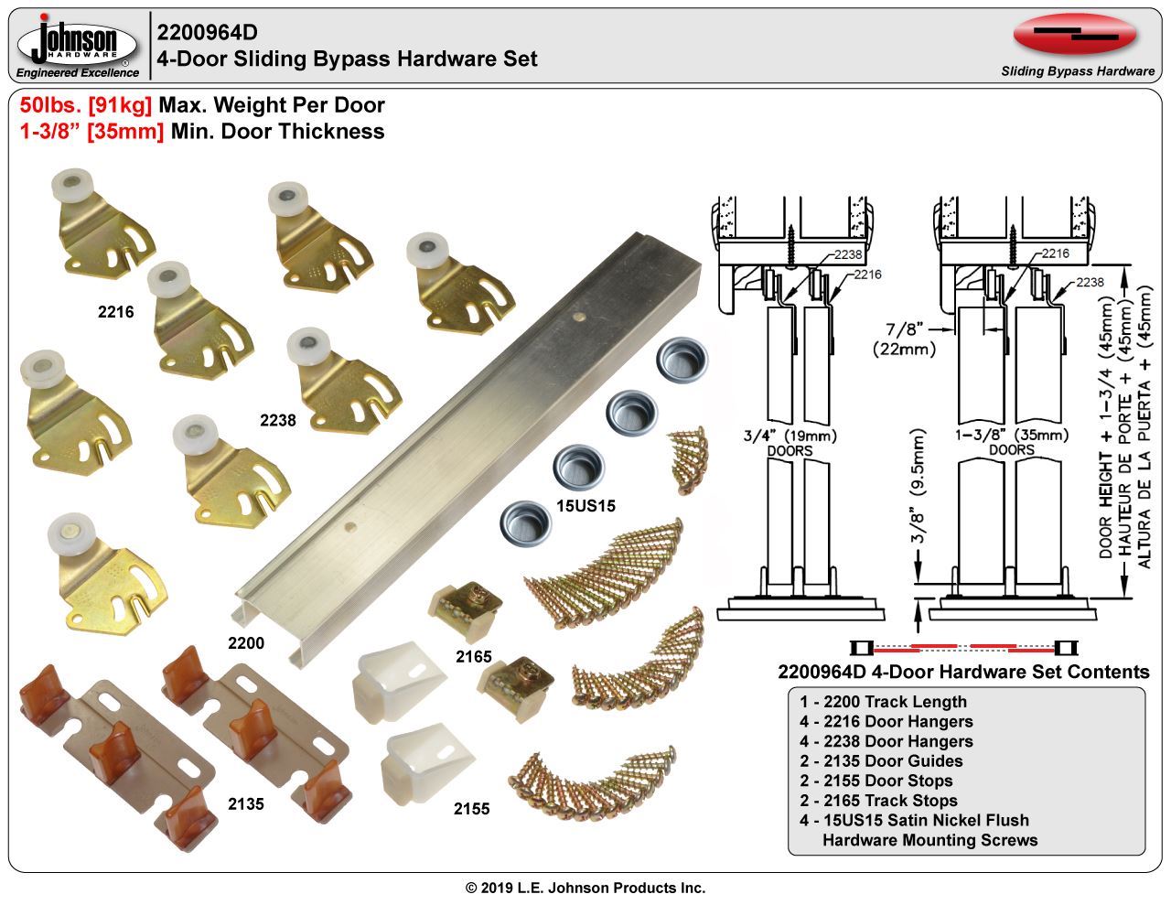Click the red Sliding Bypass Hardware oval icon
(x=1075, y=35)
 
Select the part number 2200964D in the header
(x=207, y=33)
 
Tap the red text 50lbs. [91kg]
(x=86, y=105)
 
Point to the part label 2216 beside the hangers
(x=116, y=312)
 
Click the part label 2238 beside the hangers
(x=278, y=421)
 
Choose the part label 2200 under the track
(x=246, y=643)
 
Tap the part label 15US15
(x=586, y=506)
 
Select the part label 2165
(x=474, y=656)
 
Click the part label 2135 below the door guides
(x=246, y=803)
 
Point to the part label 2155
(x=472, y=809)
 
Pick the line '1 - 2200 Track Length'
(x=883, y=702)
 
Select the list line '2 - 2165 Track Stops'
(x=878, y=801)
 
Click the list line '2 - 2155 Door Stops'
(x=876, y=781)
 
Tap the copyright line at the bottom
(x=585, y=888)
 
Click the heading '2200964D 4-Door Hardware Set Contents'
(x=962, y=672)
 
